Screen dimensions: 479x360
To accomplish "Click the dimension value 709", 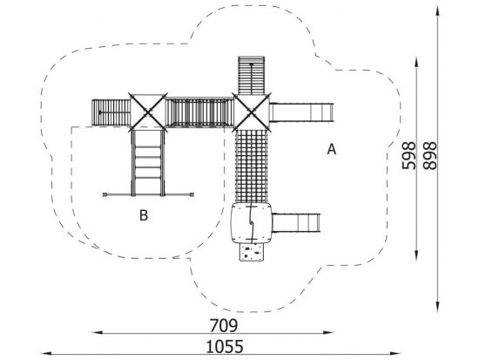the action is (223, 325).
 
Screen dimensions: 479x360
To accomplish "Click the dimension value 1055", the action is (226, 347).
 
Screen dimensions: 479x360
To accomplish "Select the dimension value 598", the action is (408, 155).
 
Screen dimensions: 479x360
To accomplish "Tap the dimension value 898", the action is (430, 155).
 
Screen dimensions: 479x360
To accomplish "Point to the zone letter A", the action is (332, 150).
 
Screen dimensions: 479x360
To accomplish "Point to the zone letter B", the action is (144, 215).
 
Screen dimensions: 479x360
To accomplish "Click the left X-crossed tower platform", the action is (148, 112).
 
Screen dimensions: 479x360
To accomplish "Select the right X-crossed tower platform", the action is (252, 112).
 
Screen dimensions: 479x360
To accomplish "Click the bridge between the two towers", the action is (199, 112).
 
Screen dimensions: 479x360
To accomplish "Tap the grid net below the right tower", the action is (252, 166).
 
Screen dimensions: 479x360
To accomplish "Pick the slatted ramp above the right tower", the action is (252, 75).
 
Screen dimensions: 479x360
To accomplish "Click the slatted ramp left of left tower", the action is (111, 112).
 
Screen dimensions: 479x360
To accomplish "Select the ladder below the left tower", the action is (148, 163).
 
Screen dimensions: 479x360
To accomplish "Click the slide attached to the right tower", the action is (301, 112).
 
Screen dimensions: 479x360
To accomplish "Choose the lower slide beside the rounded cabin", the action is (296, 223).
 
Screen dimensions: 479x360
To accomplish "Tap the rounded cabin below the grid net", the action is (252, 223).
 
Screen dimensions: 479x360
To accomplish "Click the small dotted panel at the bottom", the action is (251, 252).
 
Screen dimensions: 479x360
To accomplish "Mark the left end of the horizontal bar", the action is (105, 194).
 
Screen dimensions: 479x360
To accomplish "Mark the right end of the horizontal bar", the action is (192, 194).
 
